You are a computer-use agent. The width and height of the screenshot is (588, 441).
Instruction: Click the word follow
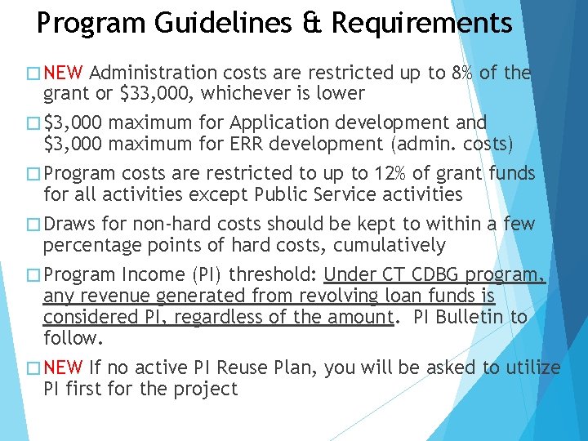[x=70, y=336]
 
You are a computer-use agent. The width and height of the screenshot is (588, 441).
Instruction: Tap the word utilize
[x=532, y=367]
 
